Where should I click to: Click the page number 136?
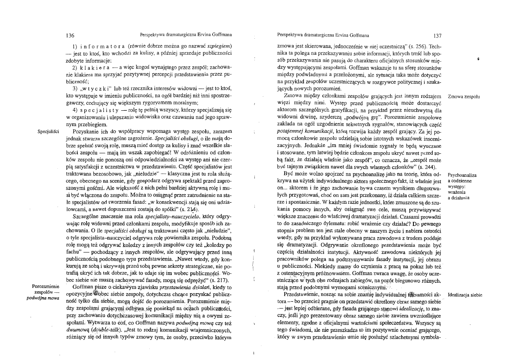point(70,35)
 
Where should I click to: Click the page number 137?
point(436,35)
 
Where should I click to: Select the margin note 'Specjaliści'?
point(48,131)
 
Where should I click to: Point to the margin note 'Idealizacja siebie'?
point(465,295)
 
